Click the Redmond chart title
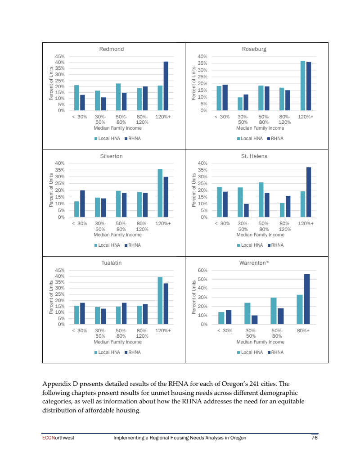tap(111, 49)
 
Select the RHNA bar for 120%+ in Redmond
tap(166, 86)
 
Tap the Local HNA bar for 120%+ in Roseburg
tap(303, 86)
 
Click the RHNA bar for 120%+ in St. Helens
tap(309, 192)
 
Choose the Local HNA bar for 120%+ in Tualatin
tap(160, 300)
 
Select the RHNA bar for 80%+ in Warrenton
tap(307, 299)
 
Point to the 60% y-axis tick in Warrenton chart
tap(202, 270)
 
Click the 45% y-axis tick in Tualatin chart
tap(59, 270)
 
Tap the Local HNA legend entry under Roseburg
tap(250, 138)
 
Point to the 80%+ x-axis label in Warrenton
tap(303, 330)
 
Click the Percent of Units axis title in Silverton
tap(51, 190)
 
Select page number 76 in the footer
tap(315, 438)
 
